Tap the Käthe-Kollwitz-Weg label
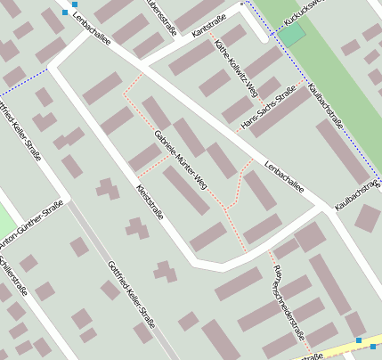pyautogui.click(x=236, y=67)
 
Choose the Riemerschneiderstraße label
pyautogui.click(x=289, y=303)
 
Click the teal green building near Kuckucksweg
pyautogui.click(x=292, y=37)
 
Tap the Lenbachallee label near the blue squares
pyautogui.click(x=91, y=27)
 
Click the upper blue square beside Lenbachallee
pyautogui.click(x=74, y=4)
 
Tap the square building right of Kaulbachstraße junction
pyautogui.click(x=366, y=217)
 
